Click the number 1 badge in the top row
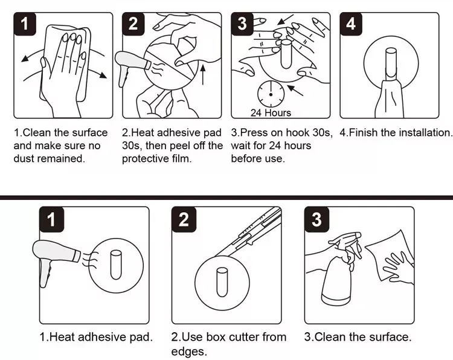(24, 24)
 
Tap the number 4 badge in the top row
(351, 24)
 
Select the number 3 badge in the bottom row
(316, 219)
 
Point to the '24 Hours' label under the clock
(271, 113)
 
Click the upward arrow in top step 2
(203, 76)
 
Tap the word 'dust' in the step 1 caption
(25, 159)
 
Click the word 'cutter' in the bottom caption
(245, 337)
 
